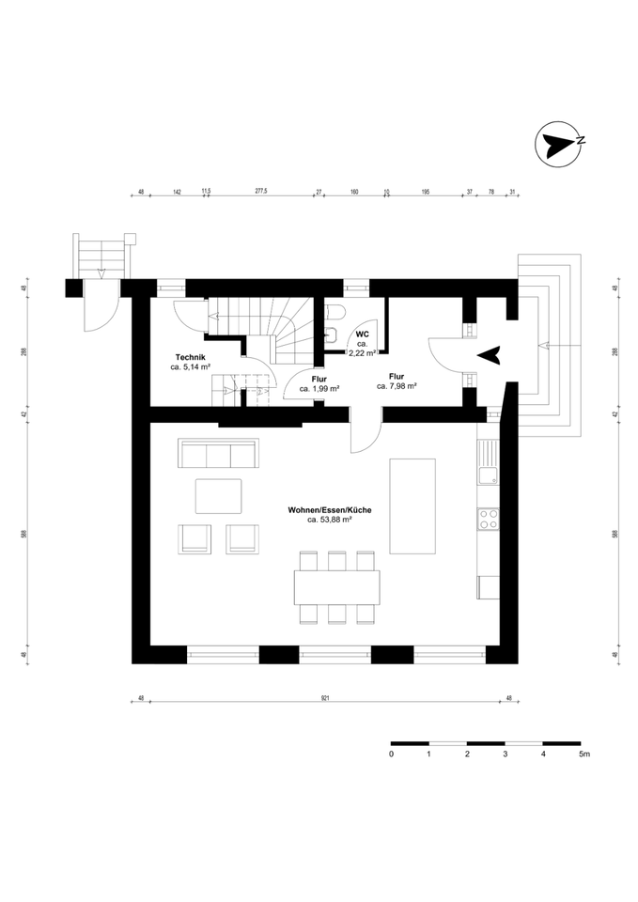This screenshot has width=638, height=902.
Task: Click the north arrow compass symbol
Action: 558,146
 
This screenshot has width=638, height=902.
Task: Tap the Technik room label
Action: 190,357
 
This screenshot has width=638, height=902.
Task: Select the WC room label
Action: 363,334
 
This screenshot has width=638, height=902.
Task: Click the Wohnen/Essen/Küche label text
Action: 329,509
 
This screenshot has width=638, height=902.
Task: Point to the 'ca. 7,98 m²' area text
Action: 397,385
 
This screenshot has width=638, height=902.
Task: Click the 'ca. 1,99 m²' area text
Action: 319,388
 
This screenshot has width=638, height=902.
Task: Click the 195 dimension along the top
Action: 426,191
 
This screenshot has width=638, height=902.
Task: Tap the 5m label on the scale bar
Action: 584,754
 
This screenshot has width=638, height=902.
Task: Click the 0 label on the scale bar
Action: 391,754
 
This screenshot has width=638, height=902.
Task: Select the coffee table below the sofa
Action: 218,496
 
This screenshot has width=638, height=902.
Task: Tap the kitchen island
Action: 412,507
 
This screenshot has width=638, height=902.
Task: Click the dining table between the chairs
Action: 338,587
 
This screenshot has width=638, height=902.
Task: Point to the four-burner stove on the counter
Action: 489,519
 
